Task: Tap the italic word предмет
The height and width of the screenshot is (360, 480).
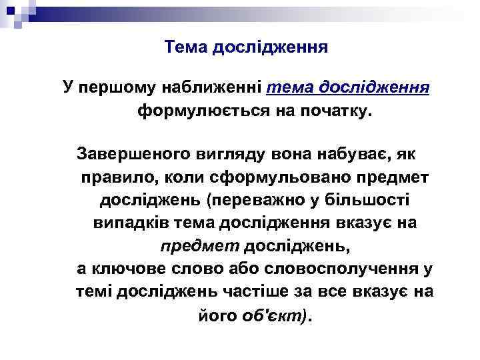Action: pos(199,246)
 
